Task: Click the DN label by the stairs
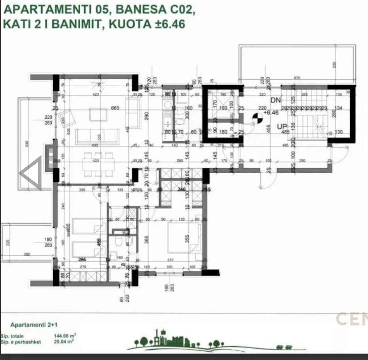point(276,100)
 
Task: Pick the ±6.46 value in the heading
point(168,24)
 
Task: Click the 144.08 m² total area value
point(65,336)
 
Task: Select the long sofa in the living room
point(97,136)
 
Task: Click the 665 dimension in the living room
point(115,108)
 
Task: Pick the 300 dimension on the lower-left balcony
point(27,255)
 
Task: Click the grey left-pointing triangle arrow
point(31,172)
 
